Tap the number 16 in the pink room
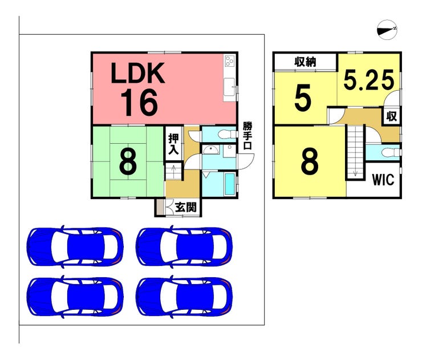coord(139,103)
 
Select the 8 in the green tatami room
coord(128,162)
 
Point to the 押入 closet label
coord(174,145)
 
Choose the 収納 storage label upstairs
coord(306,62)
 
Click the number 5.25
coord(369,80)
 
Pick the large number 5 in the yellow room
coord(303,99)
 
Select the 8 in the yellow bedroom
coord(309,163)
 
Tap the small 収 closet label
coord(391,116)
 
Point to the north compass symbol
coord(388,29)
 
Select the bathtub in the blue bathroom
coord(229,184)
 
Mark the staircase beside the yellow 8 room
coord(356,152)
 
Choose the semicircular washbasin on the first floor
coord(212,151)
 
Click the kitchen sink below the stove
coord(230,88)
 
